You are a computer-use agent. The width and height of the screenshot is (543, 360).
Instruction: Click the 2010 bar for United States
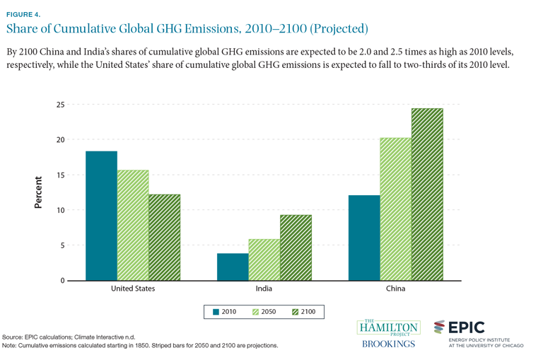[x=101, y=216]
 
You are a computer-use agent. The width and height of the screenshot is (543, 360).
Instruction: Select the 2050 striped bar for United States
[x=134, y=225]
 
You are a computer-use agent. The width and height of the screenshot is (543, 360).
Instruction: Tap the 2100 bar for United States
[x=165, y=237]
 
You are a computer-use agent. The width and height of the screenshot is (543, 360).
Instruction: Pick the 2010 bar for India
[x=232, y=267]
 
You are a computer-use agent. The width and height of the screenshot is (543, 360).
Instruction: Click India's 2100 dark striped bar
[x=296, y=248]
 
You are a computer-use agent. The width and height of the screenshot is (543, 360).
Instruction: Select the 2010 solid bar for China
[x=364, y=238]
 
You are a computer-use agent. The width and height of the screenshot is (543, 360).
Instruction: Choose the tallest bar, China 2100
[x=426, y=194]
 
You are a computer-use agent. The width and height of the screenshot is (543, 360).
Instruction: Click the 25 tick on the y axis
[x=60, y=105]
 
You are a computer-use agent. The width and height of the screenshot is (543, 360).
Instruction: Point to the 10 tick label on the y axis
[x=60, y=210]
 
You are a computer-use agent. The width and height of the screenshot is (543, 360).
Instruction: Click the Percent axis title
[x=38, y=192]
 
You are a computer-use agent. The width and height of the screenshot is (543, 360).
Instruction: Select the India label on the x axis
[x=264, y=289]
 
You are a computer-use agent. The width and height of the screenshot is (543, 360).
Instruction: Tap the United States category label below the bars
[x=133, y=289]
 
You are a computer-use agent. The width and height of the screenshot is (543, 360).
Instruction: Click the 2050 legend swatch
[x=257, y=310]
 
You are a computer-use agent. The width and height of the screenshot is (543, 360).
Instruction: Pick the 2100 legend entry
[x=303, y=310]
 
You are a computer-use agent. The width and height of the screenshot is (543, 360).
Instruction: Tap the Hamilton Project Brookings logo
[x=388, y=334]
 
